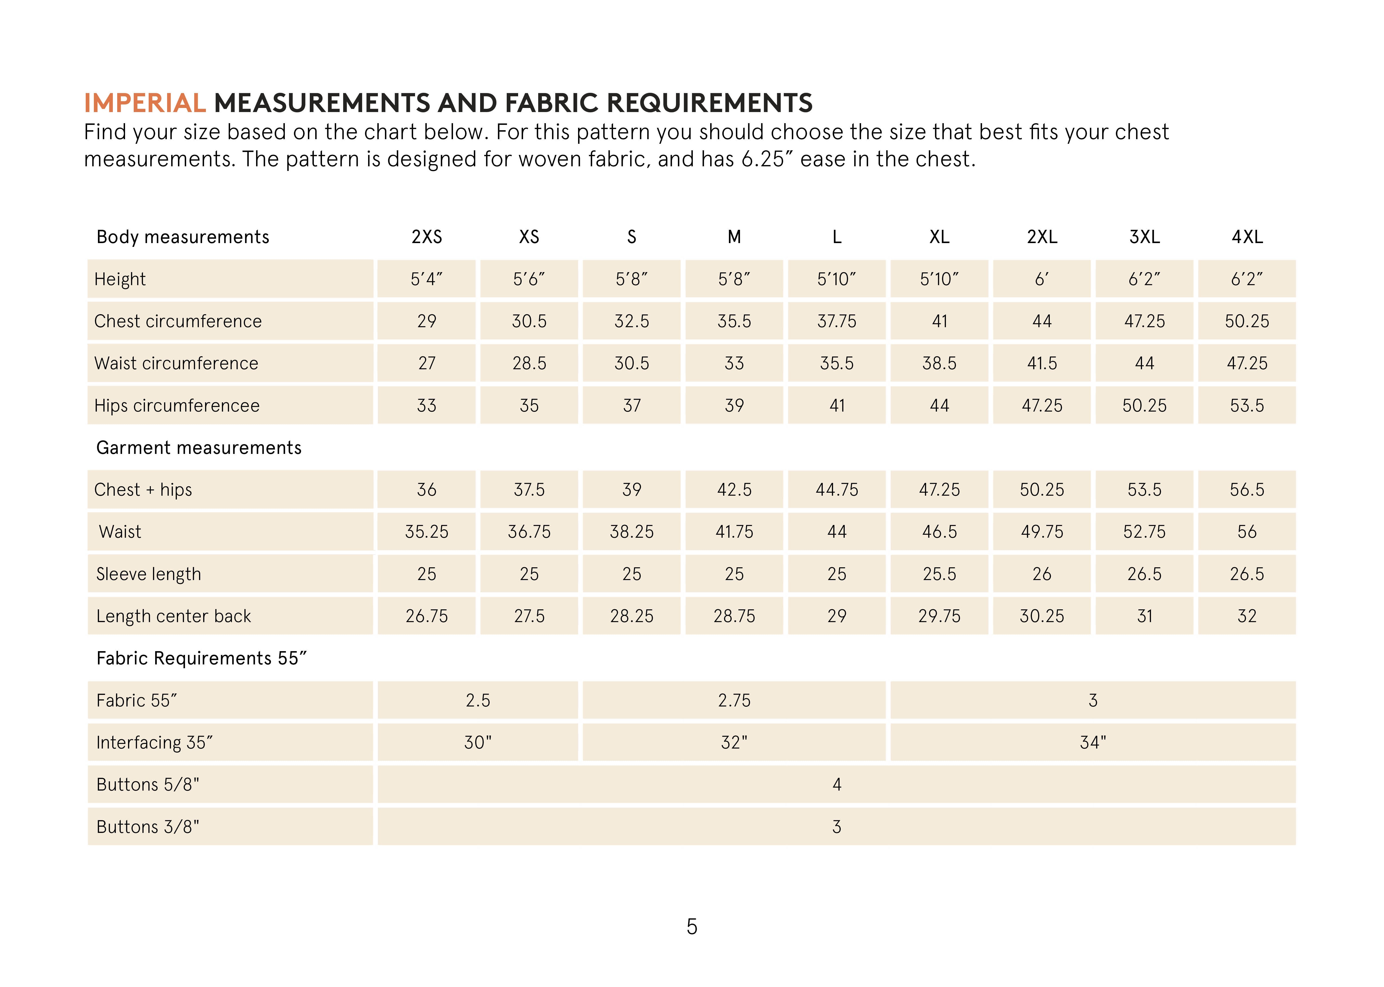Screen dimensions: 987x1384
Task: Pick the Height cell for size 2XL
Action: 1041,279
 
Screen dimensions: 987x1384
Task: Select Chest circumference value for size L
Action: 837,321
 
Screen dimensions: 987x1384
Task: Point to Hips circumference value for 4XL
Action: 1247,405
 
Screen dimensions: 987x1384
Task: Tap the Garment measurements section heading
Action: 199,448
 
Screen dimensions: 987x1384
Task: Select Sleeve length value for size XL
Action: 939,574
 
